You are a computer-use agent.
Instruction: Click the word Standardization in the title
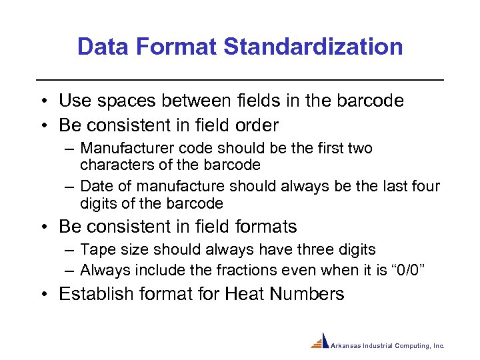click(313, 47)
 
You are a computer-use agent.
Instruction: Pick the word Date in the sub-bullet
click(97, 186)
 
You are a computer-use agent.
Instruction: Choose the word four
click(424, 186)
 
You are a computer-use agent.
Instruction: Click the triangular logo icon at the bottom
click(321, 341)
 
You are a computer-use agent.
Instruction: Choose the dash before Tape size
click(70, 250)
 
